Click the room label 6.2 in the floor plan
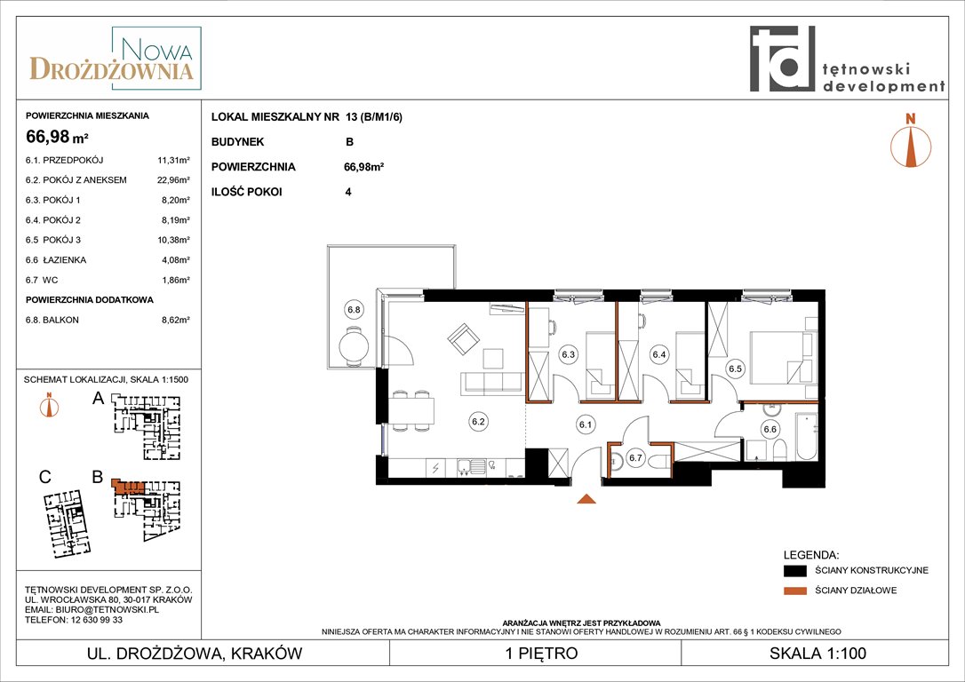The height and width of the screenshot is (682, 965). [478, 422]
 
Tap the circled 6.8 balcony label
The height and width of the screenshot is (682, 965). [354, 310]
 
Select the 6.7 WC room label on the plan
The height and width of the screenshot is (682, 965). [635, 457]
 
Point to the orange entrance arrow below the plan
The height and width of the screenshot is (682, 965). [586, 499]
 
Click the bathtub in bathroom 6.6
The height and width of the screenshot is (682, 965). [806, 436]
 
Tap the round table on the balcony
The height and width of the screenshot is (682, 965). [354, 345]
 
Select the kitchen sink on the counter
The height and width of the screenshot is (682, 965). [472, 467]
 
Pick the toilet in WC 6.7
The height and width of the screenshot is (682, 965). [656, 458]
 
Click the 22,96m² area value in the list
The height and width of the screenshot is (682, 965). [173, 180]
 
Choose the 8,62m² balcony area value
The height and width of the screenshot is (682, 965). [175, 320]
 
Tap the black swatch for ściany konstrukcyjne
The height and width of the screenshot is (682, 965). [794, 571]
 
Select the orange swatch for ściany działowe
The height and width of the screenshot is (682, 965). [794, 591]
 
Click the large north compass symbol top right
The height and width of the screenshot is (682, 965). [911, 140]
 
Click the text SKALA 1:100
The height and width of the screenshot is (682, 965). [817, 653]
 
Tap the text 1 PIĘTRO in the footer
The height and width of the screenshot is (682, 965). [541, 653]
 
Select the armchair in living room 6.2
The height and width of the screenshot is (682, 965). [464, 339]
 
